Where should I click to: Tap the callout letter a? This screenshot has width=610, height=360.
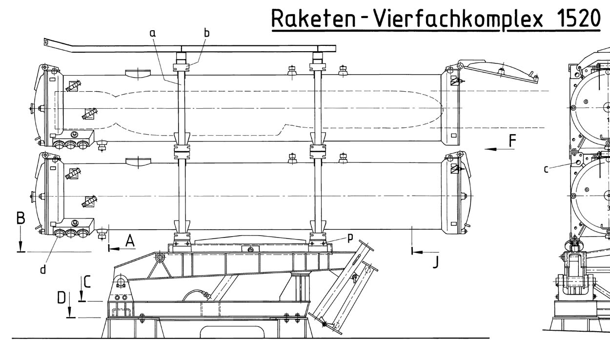(152, 33)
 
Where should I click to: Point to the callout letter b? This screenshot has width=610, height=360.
(206, 33)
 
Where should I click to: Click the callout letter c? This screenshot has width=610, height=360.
(546, 169)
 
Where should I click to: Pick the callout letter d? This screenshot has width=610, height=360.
(43, 269)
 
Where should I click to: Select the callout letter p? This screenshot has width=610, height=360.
(350, 238)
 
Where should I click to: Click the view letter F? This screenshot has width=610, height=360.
(512, 141)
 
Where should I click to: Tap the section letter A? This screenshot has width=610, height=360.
(130, 240)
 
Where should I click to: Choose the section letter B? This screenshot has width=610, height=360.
(20, 218)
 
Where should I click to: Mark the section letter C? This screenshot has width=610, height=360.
(87, 281)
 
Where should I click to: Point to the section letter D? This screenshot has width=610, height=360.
(61, 297)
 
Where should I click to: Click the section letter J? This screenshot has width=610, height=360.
(435, 262)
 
